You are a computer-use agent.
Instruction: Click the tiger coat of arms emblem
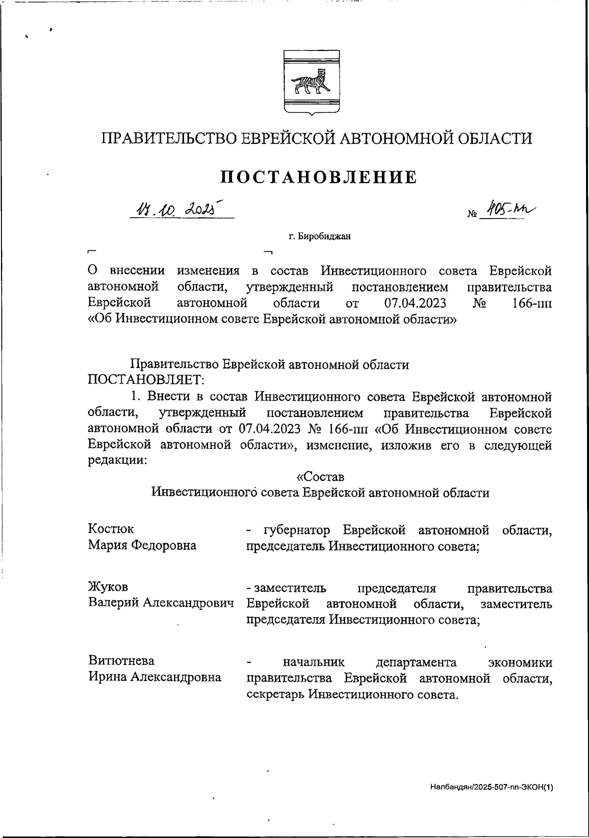coord(310,82)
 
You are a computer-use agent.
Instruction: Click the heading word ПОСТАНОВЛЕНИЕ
coord(319,177)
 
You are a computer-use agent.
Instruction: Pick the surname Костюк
coord(110,529)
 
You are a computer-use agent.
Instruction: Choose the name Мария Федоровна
coord(142,545)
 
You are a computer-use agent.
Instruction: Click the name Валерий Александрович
coord(161,603)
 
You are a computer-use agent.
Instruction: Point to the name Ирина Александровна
coord(155,678)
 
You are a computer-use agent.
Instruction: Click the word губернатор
coord(296,530)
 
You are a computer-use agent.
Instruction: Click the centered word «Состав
coord(321,476)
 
